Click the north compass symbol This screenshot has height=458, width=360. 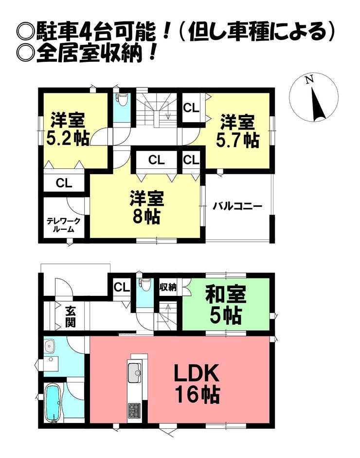click(314, 97)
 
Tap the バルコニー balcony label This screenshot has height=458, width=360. click(237, 206)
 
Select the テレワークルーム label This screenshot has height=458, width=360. click(63, 225)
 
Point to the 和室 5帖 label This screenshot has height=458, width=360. click(226, 304)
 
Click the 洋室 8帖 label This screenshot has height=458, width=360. click(146, 207)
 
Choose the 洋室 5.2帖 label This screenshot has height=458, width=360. click(68, 129)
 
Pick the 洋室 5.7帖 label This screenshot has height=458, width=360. click(237, 131)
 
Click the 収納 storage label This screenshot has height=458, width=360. click(168, 287)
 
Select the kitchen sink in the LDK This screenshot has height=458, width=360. click(135, 373)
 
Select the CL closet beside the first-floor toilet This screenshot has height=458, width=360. click(122, 287)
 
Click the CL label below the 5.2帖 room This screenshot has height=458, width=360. click(64, 183)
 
